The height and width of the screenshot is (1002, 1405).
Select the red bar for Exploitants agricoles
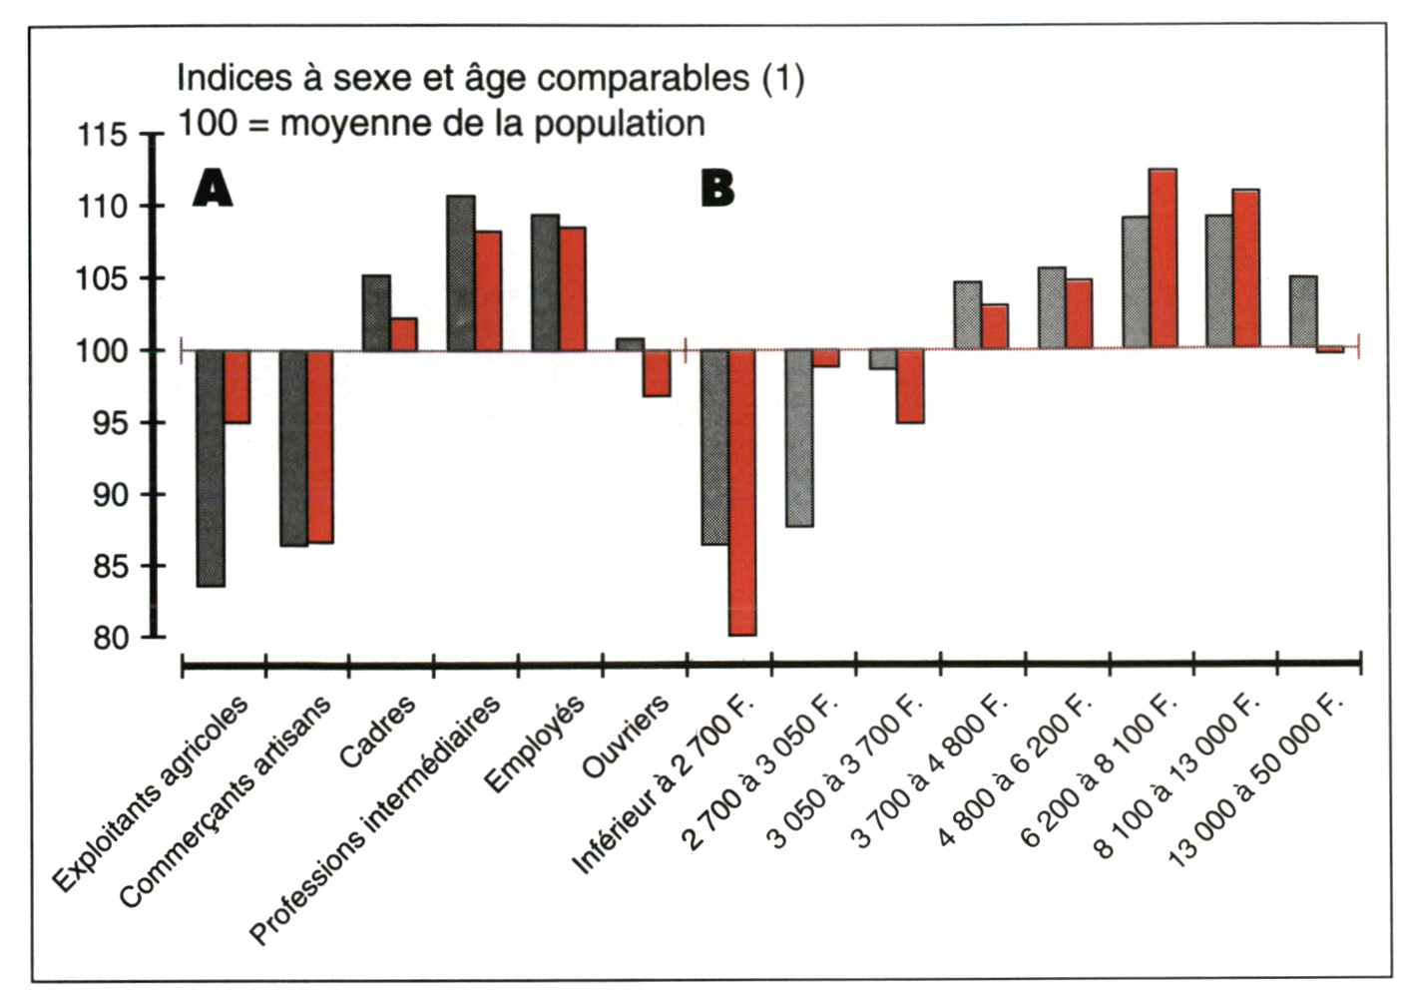click(236, 386)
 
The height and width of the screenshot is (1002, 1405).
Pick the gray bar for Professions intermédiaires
click(460, 273)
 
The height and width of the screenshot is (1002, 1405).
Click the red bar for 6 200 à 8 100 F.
click(1163, 258)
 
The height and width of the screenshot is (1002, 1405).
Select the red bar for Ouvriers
click(657, 373)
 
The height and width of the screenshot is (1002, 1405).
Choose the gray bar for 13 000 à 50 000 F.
click(1303, 312)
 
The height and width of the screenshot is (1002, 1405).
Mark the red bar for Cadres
click(403, 334)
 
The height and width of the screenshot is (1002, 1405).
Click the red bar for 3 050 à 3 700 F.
click(910, 386)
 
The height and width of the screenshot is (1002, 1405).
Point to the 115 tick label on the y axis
click(103, 135)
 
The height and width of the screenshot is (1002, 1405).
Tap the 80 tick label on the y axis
click(111, 638)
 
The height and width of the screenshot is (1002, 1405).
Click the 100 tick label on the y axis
click(103, 351)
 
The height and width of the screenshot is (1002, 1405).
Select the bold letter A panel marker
click(212, 188)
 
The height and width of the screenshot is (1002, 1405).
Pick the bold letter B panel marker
click(717, 188)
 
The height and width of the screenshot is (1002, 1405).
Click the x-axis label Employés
click(535, 744)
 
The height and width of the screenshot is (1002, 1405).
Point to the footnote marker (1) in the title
click(783, 78)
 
